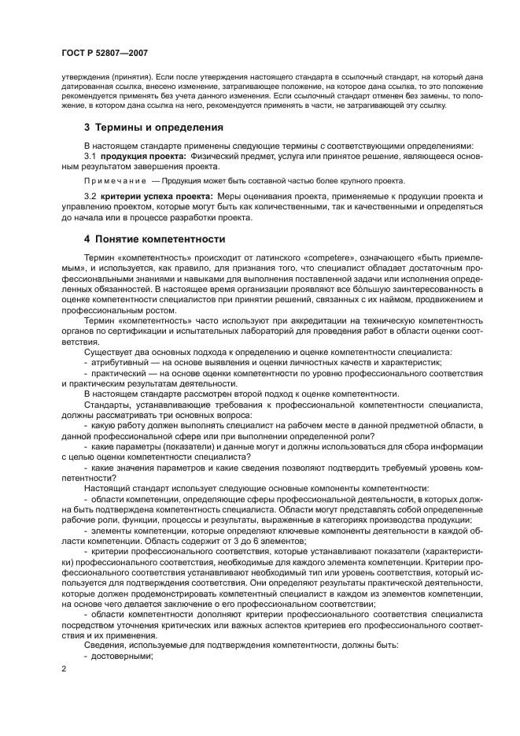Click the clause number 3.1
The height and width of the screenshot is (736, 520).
click(90, 157)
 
